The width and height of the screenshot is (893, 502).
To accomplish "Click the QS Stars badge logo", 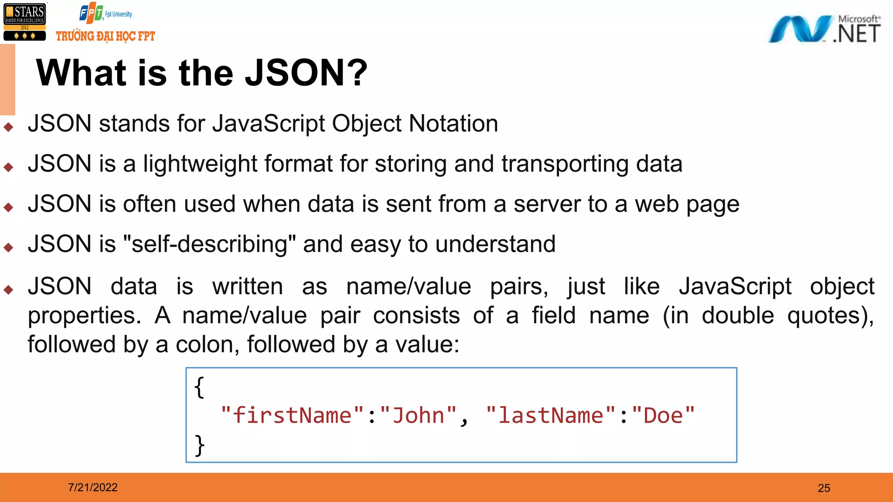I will [x=24, y=22].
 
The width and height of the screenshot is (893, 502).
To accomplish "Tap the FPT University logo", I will [x=105, y=13].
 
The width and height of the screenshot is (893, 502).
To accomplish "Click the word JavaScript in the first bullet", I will [x=269, y=124].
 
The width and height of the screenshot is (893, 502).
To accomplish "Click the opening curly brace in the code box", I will [x=199, y=387].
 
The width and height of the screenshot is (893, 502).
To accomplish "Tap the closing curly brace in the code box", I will [x=199, y=445].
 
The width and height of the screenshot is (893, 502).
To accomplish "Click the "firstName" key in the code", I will [x=292, y=415].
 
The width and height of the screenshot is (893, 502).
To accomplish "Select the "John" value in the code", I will [x=418, y=415].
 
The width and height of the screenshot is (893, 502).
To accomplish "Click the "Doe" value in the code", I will [x=663, y=415].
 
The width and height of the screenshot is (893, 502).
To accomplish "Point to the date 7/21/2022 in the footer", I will [x=93, y=487].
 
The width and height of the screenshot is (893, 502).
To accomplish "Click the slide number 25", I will [x=824, y=488].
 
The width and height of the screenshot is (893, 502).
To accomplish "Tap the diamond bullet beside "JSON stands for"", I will [x=8, y=127].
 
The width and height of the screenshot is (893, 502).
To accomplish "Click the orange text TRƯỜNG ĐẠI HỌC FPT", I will [x=106, y=36].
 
